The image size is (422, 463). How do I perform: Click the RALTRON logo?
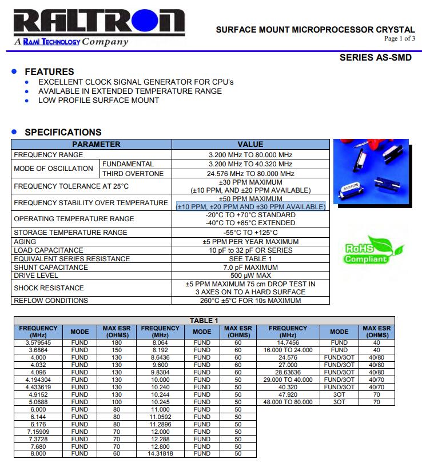[94, 24]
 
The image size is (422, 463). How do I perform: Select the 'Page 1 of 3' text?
[399, 39]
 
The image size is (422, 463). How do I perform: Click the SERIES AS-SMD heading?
[375, 58]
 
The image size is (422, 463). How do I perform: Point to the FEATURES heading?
[49, 71]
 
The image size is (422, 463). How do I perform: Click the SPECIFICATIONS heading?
[63, 132]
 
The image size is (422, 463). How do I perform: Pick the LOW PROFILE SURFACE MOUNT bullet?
[98, 100]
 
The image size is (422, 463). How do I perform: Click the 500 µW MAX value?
[250, 276]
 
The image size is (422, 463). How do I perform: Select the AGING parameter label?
[25, 242]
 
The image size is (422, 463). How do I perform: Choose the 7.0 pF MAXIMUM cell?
[250, 267]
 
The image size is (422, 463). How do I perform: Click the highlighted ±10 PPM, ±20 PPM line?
[250, 206]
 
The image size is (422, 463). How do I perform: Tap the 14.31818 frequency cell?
[161, 453]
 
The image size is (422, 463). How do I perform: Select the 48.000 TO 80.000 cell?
[288, 402]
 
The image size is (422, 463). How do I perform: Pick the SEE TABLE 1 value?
[250, 258]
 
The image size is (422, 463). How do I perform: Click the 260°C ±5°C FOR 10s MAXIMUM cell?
[250, 300]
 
